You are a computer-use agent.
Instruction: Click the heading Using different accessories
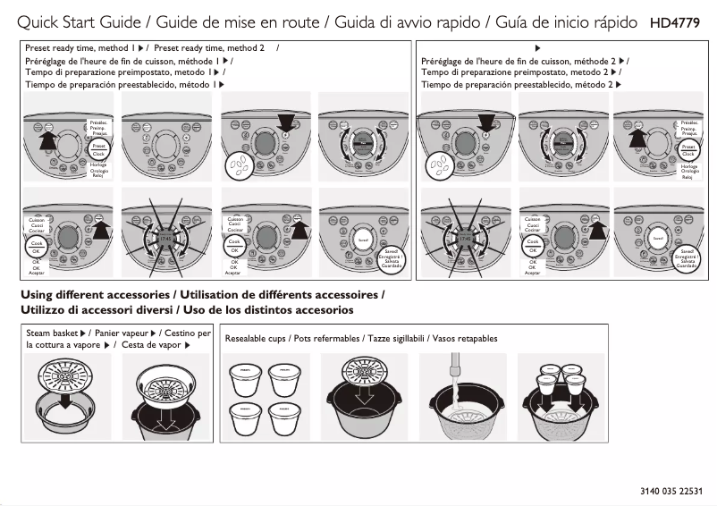click(x=97, y=294)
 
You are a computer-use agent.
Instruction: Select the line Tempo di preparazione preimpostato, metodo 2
click(x=519, y=72)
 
